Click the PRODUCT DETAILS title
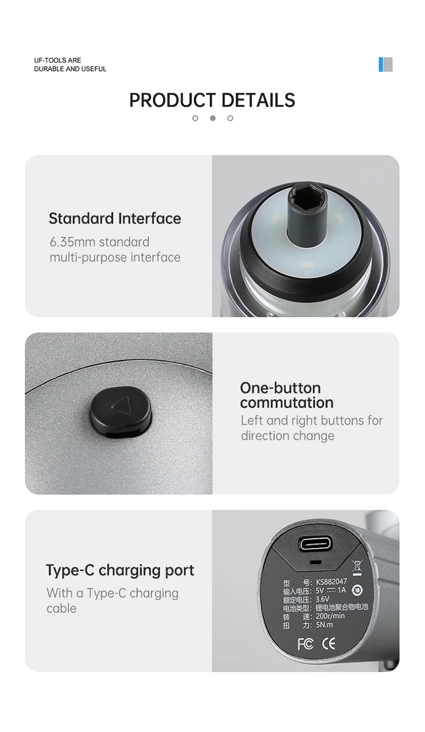[212, 100]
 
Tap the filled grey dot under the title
[212, 118]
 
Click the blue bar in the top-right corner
[380, 65]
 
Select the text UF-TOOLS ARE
[58, 60]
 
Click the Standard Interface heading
[115, 218]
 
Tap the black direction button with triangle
[121, 411]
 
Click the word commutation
[287, 403]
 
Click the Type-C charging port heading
[120, 571]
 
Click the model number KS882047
[331, 582]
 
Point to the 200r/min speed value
[330, 616]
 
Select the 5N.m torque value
[324, 625]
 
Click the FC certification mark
[306, 644]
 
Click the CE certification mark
[329, 644]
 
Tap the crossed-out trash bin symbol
[357, 567]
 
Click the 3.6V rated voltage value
[322, 599]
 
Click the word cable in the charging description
[61, 608]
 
